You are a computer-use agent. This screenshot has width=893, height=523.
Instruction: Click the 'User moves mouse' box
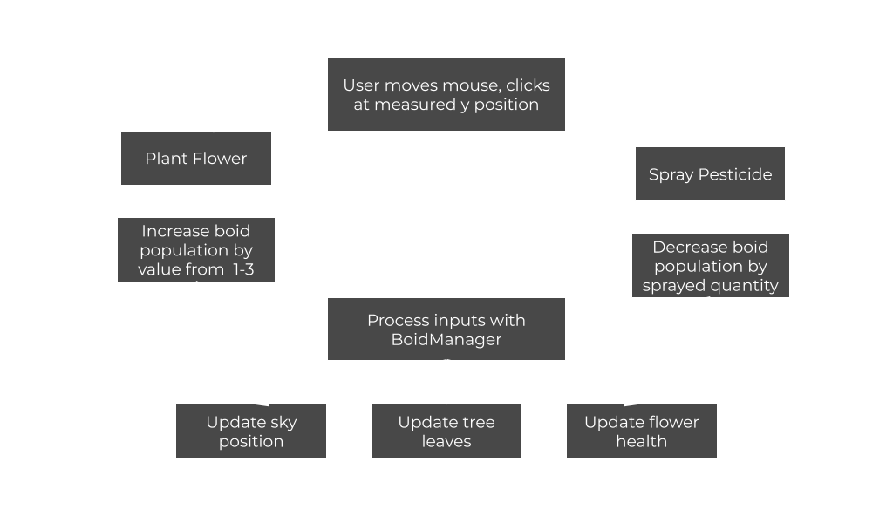[x=446, y=94]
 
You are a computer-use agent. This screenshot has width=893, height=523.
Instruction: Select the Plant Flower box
[x=195, y=158]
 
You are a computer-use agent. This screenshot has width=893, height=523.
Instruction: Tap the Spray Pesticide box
[x=710, y=173]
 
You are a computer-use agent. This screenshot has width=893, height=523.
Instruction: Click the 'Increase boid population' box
[x=195, y=249]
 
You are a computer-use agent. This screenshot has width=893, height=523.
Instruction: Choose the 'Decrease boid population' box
[x=710, y=265]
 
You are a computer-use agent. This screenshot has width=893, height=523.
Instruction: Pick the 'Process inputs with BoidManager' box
[x=446, y=329]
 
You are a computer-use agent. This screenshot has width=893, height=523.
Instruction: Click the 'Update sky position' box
[x=250, y=431]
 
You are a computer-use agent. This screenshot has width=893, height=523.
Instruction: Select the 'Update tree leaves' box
[x=446, y=431]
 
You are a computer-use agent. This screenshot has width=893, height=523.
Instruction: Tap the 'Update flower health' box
[x=641, y=431]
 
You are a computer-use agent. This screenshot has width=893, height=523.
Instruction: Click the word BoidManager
[x=446, y=339]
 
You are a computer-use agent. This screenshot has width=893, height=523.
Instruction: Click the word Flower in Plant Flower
[x=220, y=159]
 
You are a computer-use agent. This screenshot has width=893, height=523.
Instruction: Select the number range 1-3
[x=243, y=269]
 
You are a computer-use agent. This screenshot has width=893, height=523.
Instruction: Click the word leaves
[x=446, y=441]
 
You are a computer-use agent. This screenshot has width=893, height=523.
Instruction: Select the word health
[x=641, y=441]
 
